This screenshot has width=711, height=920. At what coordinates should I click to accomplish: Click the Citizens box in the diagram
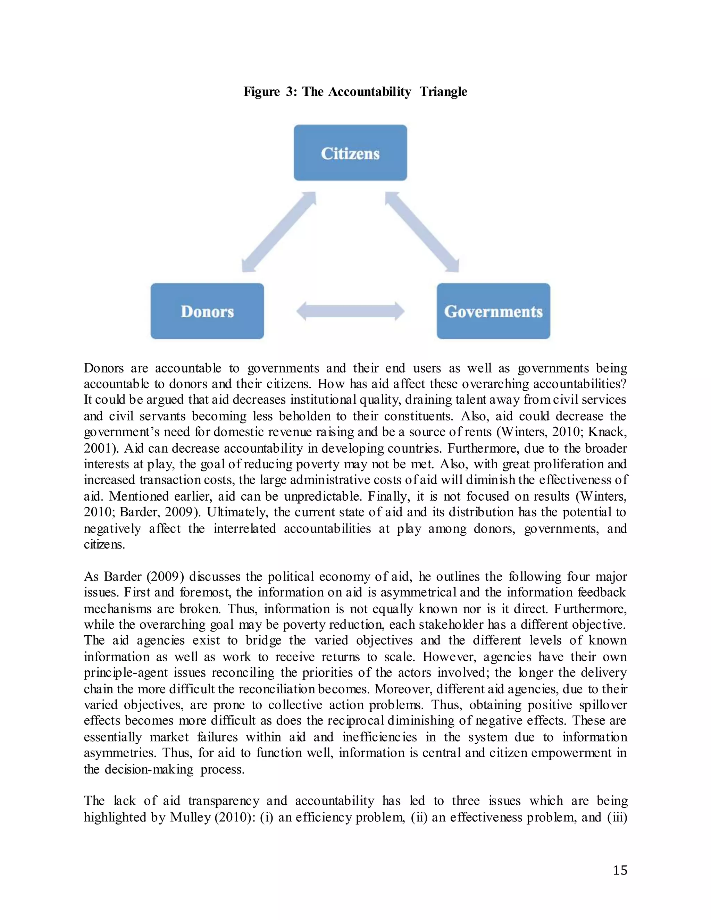coord(350,152)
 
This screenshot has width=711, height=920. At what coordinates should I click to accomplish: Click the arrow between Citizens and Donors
coord(279,232)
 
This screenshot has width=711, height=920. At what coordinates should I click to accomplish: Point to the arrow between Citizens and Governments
coord(421,232)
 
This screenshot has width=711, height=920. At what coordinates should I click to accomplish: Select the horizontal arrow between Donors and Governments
coord(350,311)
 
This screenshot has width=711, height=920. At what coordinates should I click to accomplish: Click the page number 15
coord(620,870)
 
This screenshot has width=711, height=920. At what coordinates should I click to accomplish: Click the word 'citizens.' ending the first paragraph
coord(104,544)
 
